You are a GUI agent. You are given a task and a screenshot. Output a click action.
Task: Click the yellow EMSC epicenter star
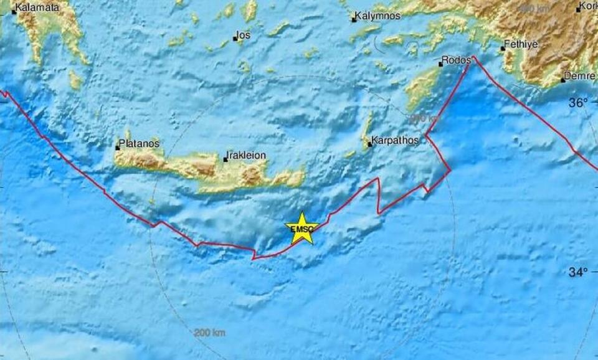[x=302, y=228]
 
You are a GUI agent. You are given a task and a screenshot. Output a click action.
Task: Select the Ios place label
[x=244, y=35]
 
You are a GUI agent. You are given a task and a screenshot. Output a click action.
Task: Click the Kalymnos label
[x=378, y=16]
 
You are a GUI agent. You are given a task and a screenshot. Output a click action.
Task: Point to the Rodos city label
[x=453, y=61]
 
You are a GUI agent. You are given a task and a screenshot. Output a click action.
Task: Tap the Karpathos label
[x=395, y=141]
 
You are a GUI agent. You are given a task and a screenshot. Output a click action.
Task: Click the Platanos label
[x=140, y=143]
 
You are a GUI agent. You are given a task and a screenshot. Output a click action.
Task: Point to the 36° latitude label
[x=577, y=103]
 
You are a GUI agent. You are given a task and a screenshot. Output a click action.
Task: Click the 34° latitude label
[x=577, y=272]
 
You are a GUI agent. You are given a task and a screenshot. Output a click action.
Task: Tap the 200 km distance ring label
[x=209, y=334]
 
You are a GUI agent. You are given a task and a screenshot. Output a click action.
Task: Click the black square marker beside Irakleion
[x=225, y=159]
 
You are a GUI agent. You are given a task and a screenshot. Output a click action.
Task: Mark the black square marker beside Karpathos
[x=369, y=144]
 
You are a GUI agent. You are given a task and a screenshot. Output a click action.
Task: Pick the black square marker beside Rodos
[x=441, y=64]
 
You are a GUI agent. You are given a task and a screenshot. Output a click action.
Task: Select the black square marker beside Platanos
[x=117, y=148]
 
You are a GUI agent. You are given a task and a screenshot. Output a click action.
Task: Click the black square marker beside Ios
[x=235, y=39]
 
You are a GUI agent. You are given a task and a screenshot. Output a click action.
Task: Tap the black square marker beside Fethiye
[x=503, y=49]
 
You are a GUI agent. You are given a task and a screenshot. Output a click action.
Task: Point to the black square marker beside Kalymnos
[x=354, y=20]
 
